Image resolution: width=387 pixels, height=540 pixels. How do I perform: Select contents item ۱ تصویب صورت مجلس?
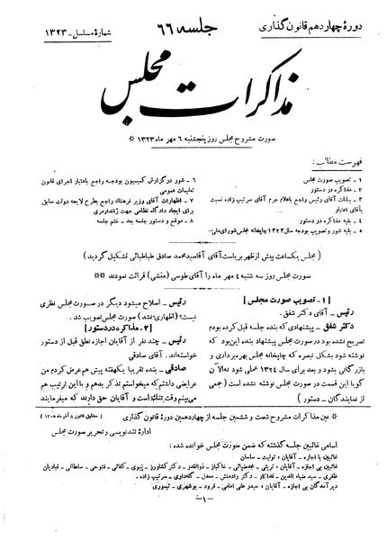[328, 146]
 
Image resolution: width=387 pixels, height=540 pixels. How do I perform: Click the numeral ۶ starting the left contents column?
[176, 146]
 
